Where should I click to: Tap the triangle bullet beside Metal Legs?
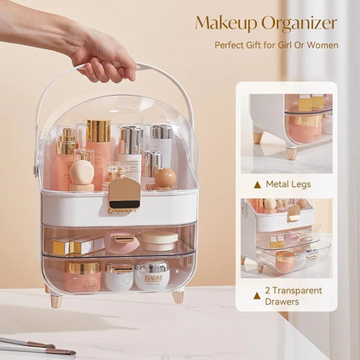(x=257, y=183)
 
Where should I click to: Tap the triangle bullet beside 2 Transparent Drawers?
(x=257, y=294)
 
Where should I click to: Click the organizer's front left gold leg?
(x=56, y=299)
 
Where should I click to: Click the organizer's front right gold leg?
(x=177, y=296)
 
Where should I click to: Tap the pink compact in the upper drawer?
(x=121, y=241)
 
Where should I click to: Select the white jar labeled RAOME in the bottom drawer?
(x=151, y=276)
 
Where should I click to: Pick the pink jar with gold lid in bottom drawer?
(x=82, y=276)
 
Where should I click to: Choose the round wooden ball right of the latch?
(x=165, y=178)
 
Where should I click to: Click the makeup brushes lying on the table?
(x=35, y=345)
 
